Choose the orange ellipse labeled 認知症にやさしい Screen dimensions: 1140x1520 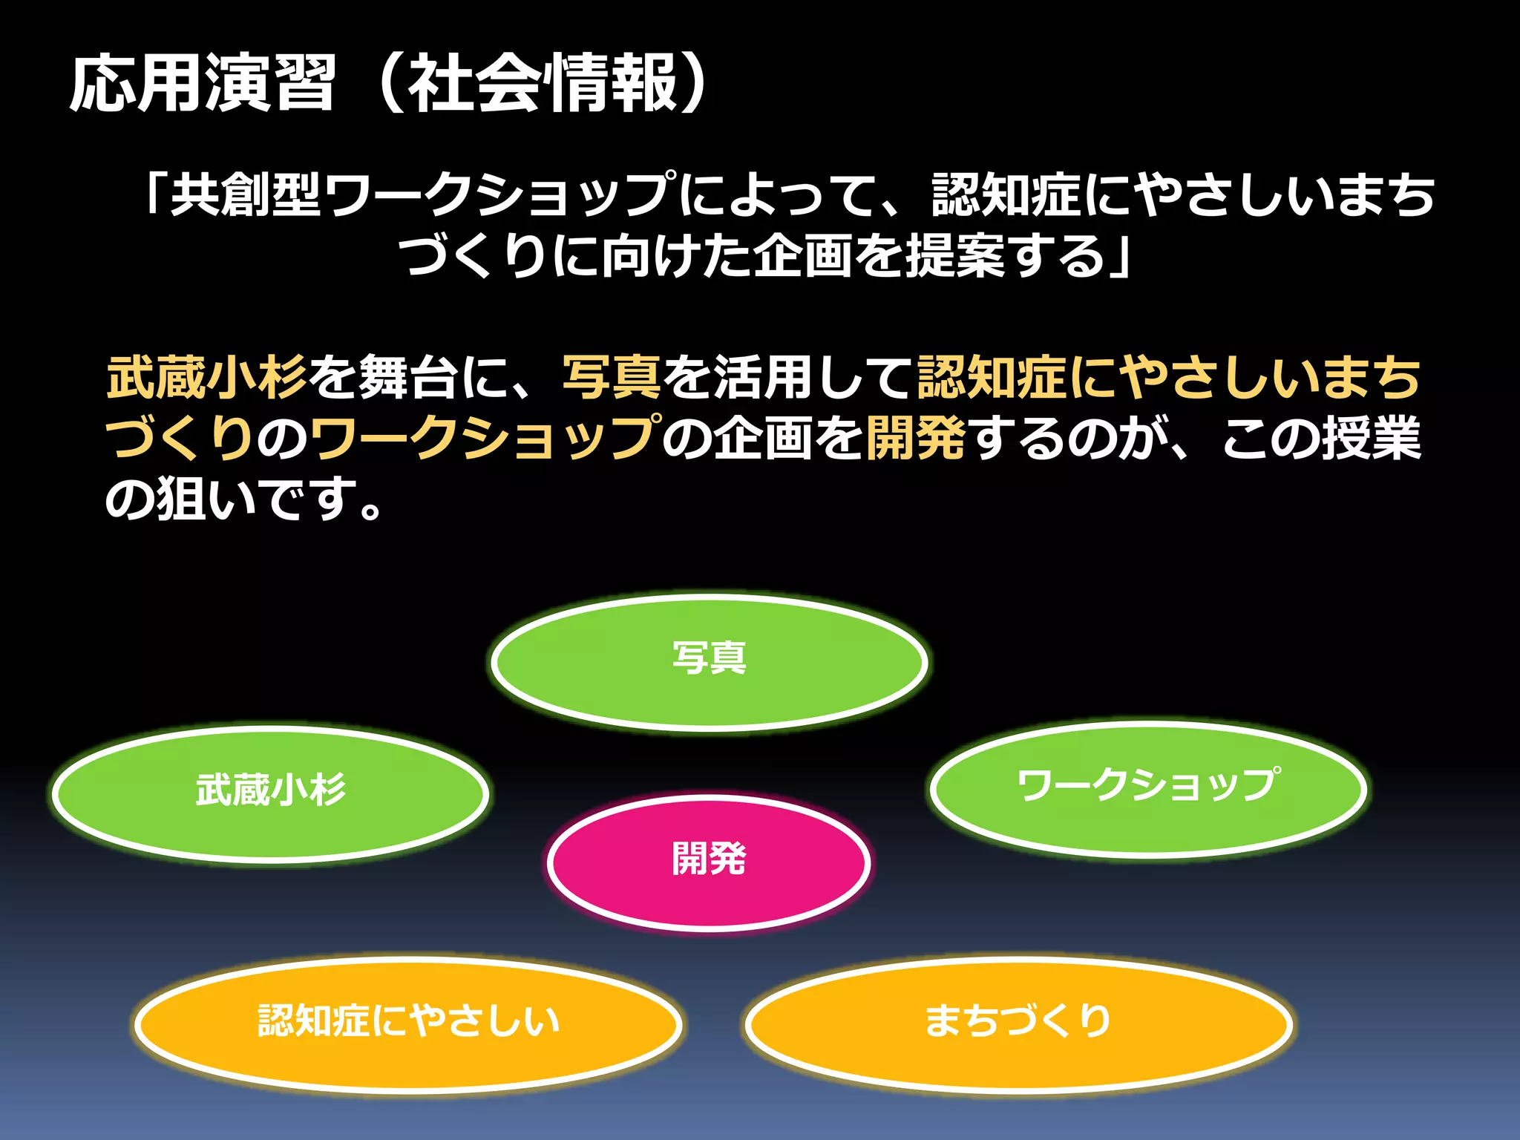pos(408,1024)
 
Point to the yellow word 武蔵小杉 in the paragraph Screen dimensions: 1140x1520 pos(207,377)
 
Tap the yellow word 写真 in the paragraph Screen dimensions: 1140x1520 pos(612,377)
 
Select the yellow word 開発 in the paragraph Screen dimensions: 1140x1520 pos(916,438)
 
